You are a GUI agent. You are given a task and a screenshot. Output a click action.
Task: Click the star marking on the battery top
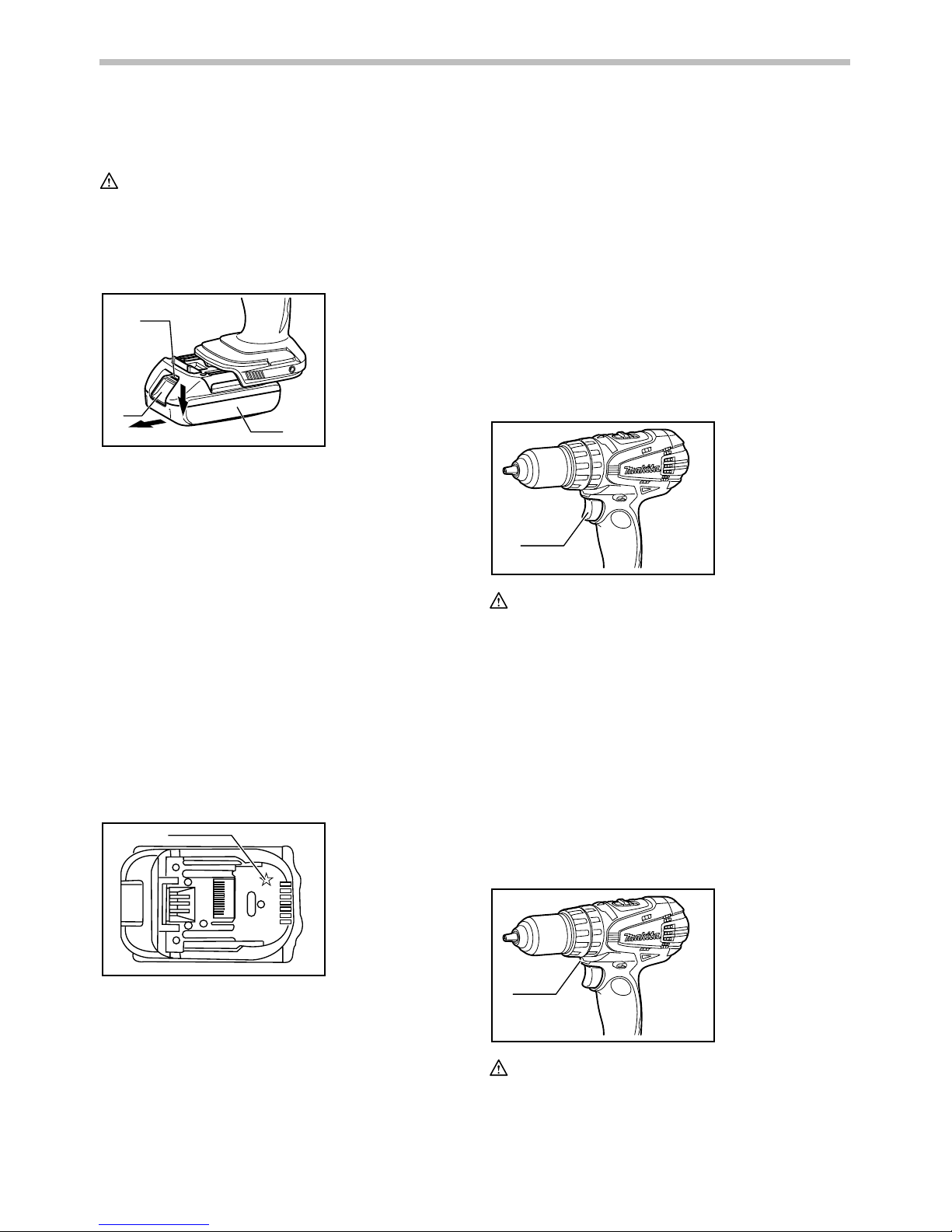tap(266, 879)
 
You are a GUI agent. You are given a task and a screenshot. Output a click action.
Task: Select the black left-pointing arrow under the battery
tap(148, 424)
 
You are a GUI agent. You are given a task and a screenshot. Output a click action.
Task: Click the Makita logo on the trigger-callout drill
tap(642, 469)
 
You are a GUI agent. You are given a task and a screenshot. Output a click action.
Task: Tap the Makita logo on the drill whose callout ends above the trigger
tap(642, 937)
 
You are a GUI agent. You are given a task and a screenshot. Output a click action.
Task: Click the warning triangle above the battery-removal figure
tap(109, 181)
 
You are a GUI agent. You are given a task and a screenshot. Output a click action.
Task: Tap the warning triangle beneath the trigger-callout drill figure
tap(499, 601)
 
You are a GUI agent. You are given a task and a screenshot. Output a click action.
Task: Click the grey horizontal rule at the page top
tap(475, 62)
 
